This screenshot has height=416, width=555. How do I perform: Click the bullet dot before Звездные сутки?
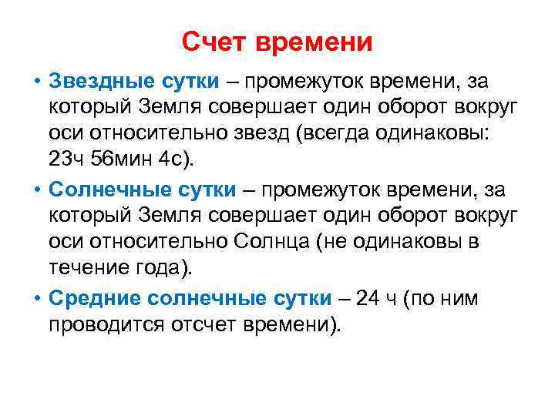pos(36,82)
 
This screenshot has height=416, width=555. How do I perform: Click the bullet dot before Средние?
pos(36,299)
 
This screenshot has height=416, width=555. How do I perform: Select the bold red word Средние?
pos(92,299)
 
